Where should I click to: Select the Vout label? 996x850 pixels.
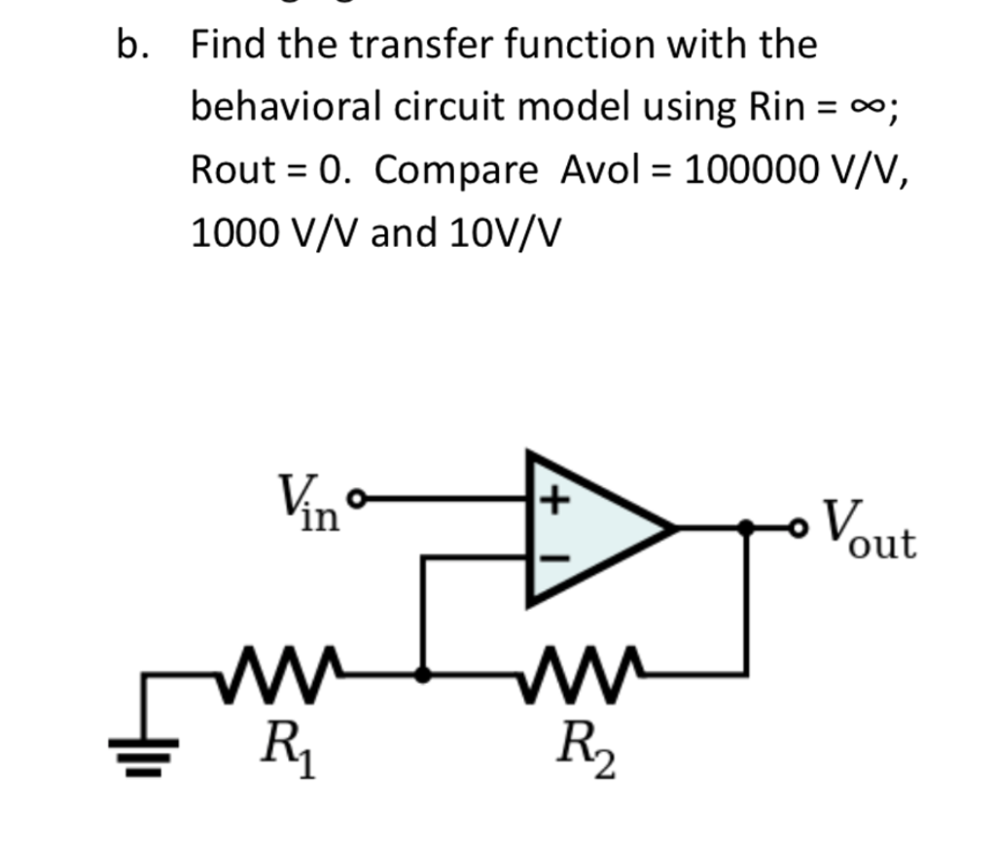870,532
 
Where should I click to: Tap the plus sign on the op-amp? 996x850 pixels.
552,502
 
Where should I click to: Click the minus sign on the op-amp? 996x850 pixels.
552,559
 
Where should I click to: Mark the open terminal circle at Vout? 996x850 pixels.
799,528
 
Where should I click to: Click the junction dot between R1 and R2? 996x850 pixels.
423,672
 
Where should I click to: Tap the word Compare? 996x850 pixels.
455,171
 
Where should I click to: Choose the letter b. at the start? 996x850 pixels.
130,45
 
